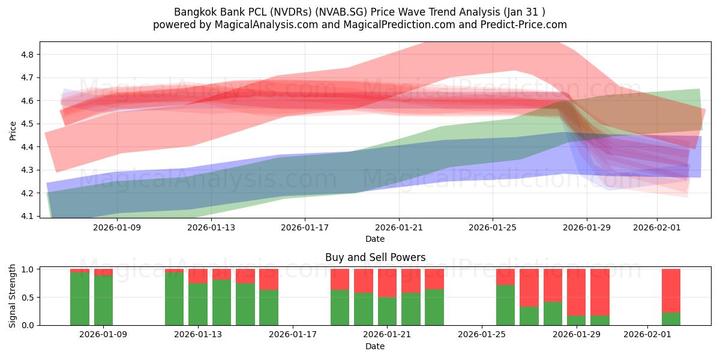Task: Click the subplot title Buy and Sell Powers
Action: pos(375,257)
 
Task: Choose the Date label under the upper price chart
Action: pos(375,239)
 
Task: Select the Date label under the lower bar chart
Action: pos(375,346)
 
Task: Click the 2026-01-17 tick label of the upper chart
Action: pos(305,227)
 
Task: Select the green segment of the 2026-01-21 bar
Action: pos(388,311)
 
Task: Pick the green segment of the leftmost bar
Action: pos(80,299)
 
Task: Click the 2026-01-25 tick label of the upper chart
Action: pos(493,227)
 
